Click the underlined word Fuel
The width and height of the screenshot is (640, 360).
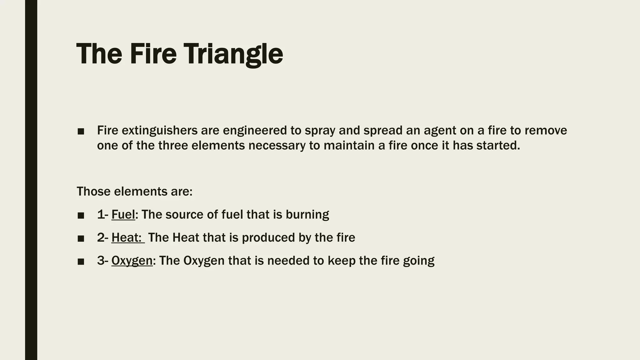pos(123,215)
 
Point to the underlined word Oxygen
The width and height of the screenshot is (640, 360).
pos(132,261)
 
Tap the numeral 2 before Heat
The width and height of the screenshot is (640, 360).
pos(101,238)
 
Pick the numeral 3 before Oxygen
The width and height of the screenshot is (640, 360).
pos(101,261)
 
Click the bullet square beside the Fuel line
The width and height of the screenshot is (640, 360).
pos(81,216)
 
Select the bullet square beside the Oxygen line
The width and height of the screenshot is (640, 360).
pos(81,262)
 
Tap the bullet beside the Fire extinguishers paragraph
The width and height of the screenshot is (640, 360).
pos(81,132)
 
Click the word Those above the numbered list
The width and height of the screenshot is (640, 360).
pos(93,192)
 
